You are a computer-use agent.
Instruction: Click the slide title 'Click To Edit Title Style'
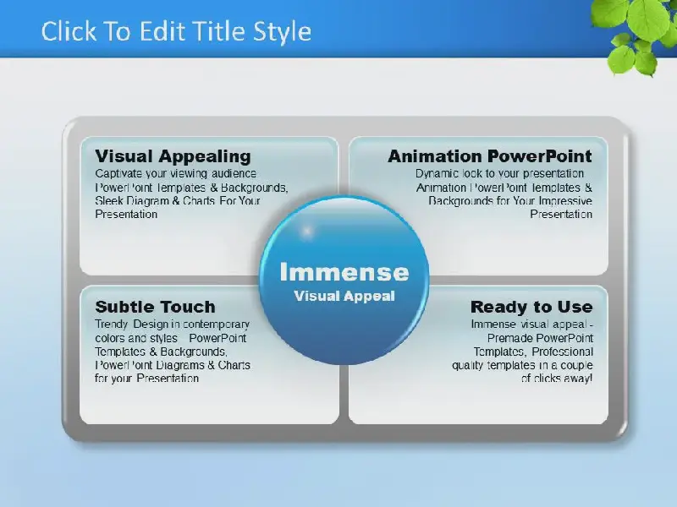point(176,31)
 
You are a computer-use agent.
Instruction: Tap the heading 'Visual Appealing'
point(173,156)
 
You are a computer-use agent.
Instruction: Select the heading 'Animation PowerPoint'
point(490,156)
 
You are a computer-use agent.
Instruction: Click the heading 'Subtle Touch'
point(155,307)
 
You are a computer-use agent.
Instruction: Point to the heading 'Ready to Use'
point(531,307)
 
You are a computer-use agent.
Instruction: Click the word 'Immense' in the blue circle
point(344,272)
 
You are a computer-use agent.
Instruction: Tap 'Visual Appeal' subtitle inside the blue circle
point(344,297)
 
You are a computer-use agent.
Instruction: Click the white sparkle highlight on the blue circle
point(307,232)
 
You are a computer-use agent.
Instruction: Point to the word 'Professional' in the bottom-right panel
point(562,352)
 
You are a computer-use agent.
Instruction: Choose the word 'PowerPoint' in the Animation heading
point(540,156)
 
